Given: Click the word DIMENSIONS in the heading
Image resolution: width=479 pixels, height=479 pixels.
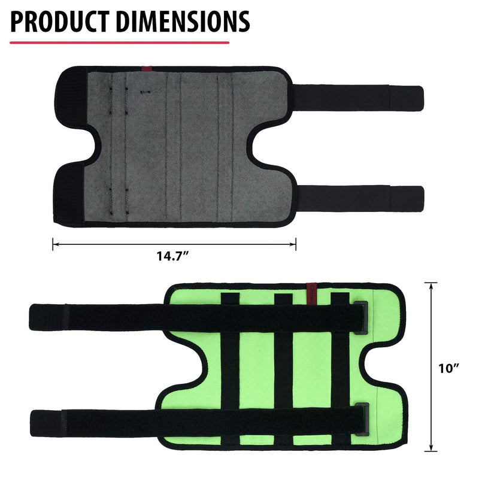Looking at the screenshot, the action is pos(183,22).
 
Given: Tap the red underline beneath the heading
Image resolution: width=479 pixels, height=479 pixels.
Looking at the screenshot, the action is pos(119,43).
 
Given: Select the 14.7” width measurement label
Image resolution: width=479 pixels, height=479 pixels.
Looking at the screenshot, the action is pos(172,256).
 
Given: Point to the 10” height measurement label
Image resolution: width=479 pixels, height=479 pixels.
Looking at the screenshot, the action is pos(448,369).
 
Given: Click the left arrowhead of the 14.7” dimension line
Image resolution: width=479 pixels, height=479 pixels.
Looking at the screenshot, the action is pos(55,244).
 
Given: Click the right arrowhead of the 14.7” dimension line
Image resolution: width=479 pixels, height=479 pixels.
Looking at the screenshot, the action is pos(293,244).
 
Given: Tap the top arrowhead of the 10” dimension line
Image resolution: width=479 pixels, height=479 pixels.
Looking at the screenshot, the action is pos(431,286).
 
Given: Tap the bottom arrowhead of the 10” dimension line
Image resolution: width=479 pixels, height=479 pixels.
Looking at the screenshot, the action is pos(431,447).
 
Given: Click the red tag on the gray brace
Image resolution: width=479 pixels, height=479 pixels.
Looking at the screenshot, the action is pos(147,69).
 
